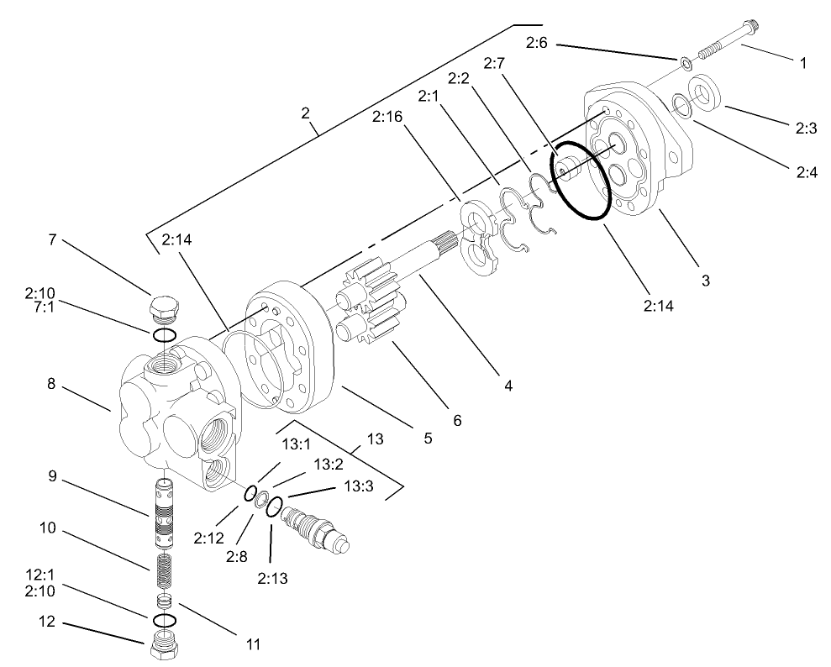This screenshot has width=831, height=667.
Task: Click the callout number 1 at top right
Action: pos(802,64)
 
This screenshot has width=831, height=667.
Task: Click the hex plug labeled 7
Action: pos(164,308)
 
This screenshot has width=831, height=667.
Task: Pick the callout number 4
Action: pos(508,386)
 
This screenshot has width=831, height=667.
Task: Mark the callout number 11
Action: pos(252,645)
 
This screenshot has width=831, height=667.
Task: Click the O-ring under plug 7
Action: pos(165,336)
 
